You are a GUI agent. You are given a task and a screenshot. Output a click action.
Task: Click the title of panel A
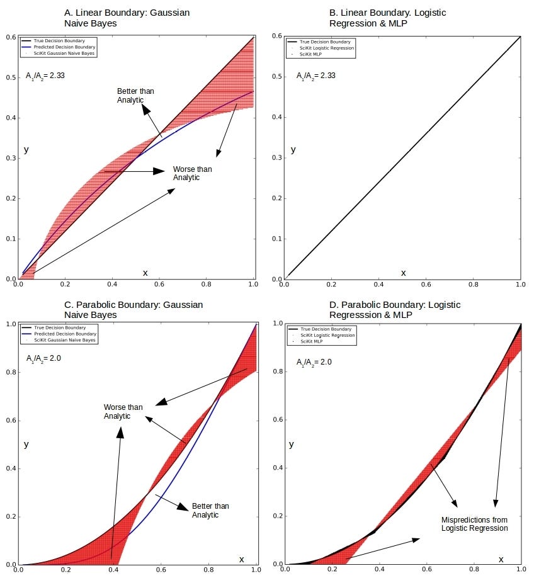(x=127, y=17)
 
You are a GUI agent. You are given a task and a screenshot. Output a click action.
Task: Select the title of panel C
(x=133, y=309)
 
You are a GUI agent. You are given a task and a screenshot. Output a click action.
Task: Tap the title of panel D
(x=395, y=309)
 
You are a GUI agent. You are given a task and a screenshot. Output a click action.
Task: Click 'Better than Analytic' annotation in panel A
(x=135, y=96)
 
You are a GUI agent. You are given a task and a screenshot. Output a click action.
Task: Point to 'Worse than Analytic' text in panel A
(x=193, y=173)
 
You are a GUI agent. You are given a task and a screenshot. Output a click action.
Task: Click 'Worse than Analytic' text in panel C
(x=123, y=412)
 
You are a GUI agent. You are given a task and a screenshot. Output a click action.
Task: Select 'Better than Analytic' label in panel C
(x=210, y=511)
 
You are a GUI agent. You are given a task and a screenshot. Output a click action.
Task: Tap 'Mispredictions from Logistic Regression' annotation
(x=474, y=524)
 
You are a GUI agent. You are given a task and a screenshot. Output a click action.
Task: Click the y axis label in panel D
(x=291, y=444)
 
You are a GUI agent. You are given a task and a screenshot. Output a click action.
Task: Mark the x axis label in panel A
(x=145, y=273)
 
